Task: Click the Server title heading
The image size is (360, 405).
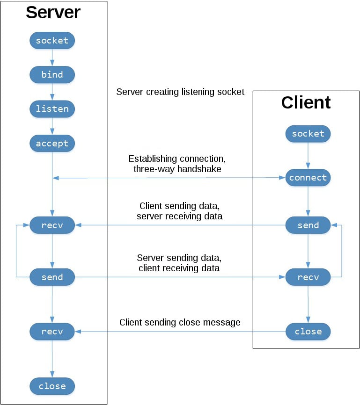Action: (53, 13)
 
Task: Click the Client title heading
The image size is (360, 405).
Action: (306, 102)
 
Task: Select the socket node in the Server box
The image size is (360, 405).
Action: (52, 41)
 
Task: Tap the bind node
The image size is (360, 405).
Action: (52, 75)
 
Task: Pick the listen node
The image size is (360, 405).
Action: (52, 109)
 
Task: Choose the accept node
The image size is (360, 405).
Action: (52, 144)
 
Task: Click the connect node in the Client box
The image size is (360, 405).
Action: (308, 178)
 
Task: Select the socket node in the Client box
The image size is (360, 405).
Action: (308, 134)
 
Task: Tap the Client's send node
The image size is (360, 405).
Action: (308, 225)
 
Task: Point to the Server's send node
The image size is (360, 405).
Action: (52, 277)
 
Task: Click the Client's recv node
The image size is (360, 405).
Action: (308, 277)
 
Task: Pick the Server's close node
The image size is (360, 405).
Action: (52, 386)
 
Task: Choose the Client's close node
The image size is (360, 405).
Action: (308, 332)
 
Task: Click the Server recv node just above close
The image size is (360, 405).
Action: (52, 332)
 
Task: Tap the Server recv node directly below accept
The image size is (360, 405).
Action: (52, 225)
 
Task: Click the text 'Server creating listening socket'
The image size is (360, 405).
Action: (180, 92)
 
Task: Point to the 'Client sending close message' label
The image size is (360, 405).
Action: (180, 322)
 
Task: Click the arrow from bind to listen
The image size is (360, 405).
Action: (52, 92)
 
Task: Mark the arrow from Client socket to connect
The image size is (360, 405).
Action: (308, 156)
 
